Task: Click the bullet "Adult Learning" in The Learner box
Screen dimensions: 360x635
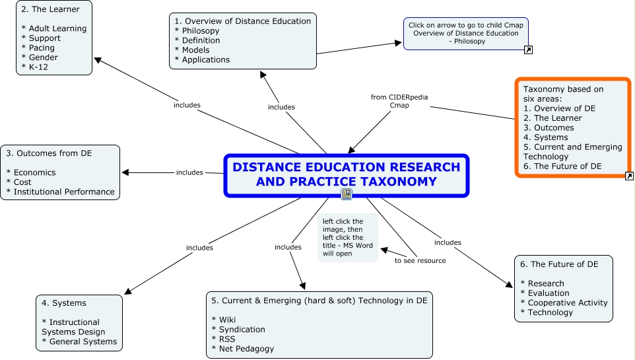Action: (x=56, y=28)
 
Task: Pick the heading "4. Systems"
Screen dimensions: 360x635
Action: (x=64, y=303)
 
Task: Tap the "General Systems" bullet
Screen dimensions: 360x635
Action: (x=83, y=342)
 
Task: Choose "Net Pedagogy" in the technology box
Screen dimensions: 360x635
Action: (x=245, y=348)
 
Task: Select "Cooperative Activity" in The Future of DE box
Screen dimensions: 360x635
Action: (x=567, y=303)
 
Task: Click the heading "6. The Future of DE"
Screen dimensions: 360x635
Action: (x=559, y=264)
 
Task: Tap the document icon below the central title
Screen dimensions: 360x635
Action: (x=347, y=194)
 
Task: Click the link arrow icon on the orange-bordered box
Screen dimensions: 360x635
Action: (x=629, y=176)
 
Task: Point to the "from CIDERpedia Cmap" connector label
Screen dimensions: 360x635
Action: (x=399, y=101)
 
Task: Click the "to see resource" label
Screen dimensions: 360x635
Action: (x=420, y=260)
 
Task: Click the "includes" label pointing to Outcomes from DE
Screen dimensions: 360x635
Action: (x=190, y=172)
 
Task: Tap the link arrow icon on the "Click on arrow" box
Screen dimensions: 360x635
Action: (x=527, y=49)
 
